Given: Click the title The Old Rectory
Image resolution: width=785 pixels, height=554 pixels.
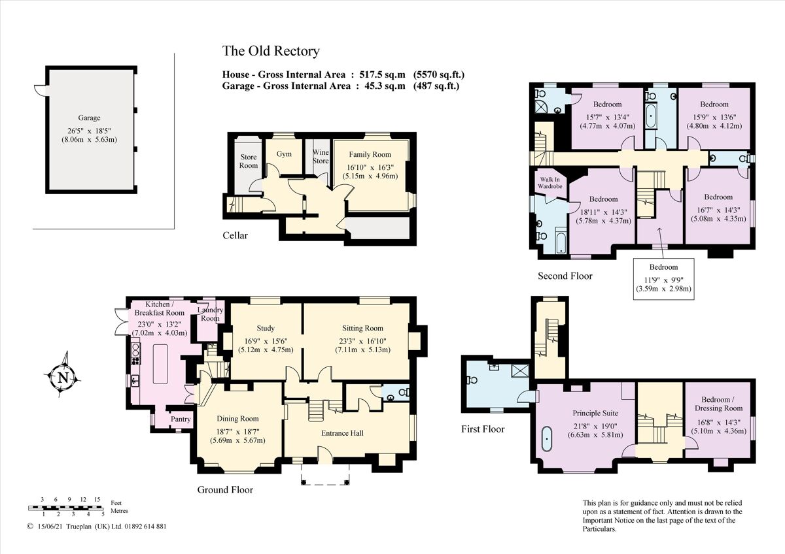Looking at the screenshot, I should [x=271, y=51].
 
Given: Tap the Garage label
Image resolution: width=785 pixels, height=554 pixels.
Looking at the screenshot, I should [x=89, y=118].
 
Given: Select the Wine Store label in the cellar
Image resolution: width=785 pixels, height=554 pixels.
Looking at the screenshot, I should [x=321, y=157].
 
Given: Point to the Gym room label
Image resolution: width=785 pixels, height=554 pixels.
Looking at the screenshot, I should [x=283, y=154].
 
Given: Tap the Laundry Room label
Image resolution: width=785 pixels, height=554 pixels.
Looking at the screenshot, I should [x=211, y=314].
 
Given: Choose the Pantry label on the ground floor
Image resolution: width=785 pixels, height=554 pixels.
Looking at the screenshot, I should [x=181, y=419].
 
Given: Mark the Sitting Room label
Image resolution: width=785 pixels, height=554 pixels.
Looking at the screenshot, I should [x=362, y=328].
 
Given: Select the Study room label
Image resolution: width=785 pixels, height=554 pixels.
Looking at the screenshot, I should [x=266, y=328].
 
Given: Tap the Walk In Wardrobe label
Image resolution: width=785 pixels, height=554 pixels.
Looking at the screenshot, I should [x=549, y=182].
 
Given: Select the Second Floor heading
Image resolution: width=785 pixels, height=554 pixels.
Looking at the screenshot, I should [x=565, y=276].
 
